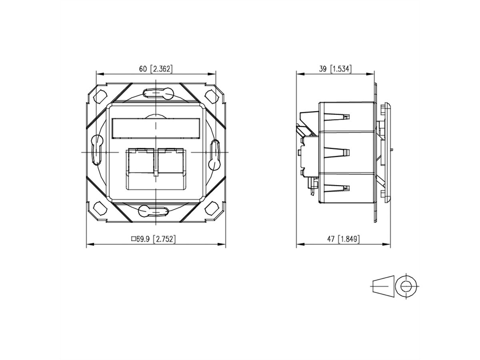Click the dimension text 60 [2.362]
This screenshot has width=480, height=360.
(x=156, y=69)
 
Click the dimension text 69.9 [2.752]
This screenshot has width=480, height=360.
(x=156, y=239)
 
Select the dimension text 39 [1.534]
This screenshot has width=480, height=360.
(x=335, y=69)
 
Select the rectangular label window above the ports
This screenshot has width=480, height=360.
(x=156, y=128)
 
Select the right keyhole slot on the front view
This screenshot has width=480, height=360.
(x=215, y=152)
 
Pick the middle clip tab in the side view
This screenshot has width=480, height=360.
(x=336, y=152)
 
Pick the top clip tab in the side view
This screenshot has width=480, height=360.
(x=336, y=116)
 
